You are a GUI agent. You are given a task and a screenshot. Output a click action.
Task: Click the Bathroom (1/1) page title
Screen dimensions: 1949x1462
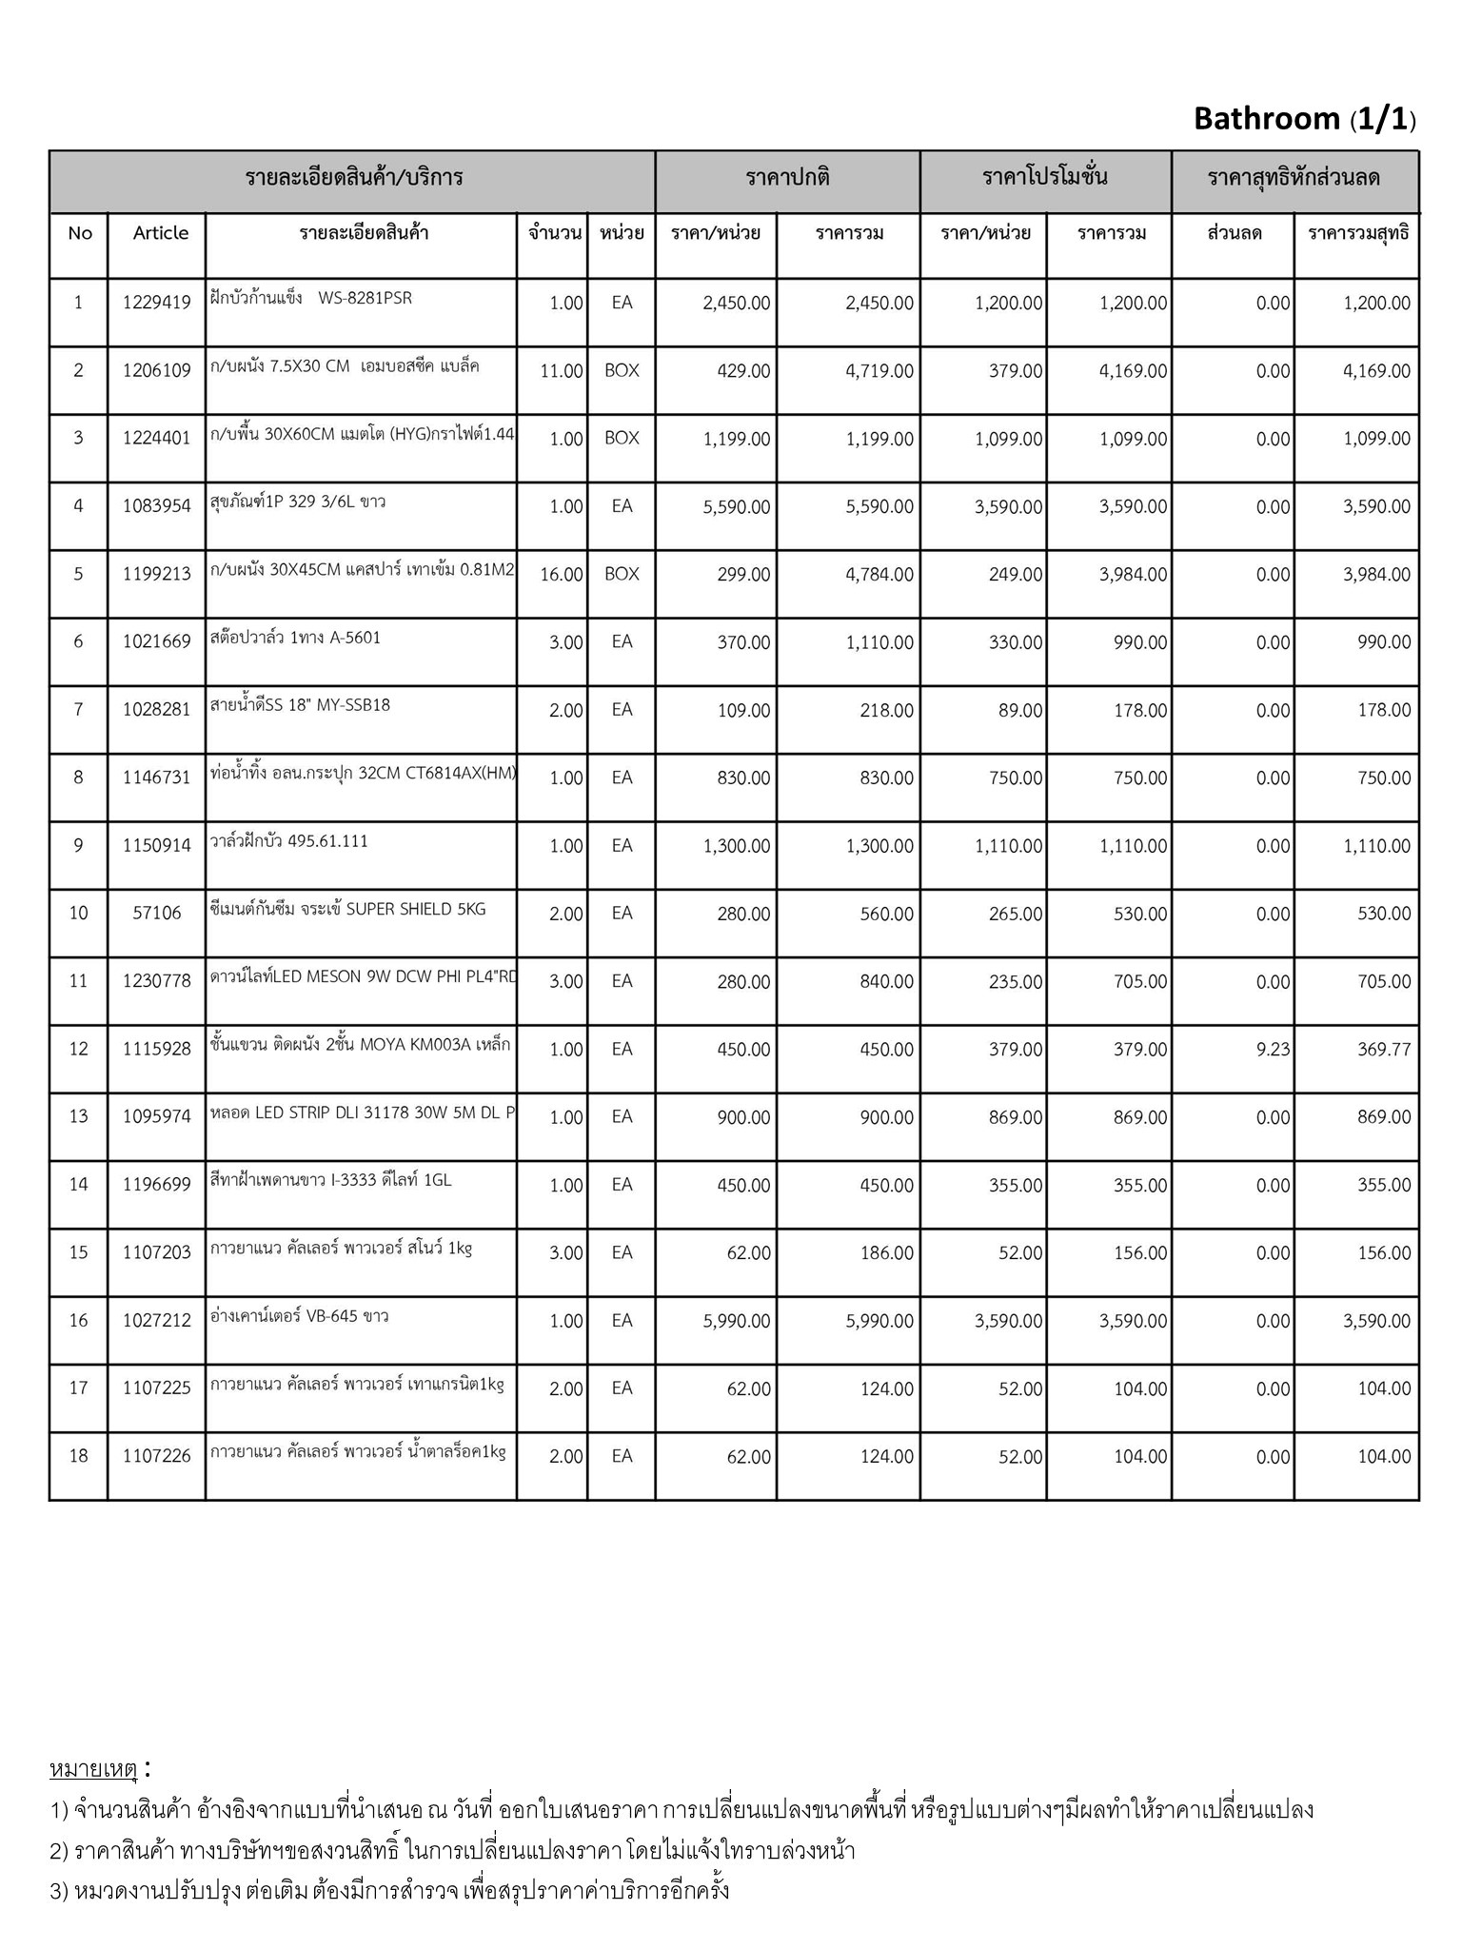(1304, 119)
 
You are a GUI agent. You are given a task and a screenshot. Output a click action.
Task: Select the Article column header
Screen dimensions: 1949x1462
(160, 233)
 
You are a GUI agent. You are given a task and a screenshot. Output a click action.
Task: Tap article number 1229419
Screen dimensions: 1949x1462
(156, 303)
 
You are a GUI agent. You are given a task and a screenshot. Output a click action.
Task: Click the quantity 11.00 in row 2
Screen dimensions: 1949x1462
(561, 371)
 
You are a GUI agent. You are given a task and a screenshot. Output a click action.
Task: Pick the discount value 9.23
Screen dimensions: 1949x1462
(1273, 1050)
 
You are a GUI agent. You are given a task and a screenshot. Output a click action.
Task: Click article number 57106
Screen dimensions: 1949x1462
(156, 914)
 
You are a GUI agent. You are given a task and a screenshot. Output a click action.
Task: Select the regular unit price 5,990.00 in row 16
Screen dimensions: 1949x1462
(736, 1321)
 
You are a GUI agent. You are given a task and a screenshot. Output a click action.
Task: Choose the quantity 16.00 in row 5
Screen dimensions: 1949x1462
(561, 575)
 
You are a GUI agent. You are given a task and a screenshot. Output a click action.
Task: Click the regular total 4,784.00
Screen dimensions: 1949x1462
(879, 575)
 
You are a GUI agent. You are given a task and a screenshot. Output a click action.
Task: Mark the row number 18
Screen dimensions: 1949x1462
(78, 1456)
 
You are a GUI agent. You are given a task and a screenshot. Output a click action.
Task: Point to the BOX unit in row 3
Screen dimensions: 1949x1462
(622, 439)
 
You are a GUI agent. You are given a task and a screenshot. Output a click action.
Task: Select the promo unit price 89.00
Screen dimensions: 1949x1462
(1019, 710)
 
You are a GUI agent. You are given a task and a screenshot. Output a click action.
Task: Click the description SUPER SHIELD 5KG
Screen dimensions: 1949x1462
(415, 909)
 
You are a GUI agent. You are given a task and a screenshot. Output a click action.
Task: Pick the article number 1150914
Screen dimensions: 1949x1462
(156, 845)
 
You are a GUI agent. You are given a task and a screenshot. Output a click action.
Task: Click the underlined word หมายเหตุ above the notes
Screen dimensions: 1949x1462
(92, 1769)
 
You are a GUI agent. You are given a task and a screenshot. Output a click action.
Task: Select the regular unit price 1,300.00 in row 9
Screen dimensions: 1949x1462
(736, 846)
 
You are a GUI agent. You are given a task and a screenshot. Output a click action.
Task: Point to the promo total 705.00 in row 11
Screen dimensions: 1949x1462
(1139, 982)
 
